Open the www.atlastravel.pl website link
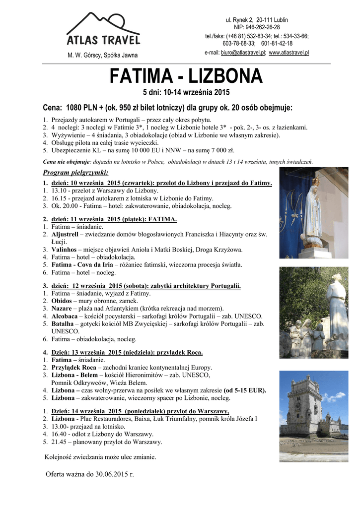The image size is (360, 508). (x=289, y=52)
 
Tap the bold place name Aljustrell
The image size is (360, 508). (x=67, y=234)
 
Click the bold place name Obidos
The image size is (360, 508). (x=62, y=301)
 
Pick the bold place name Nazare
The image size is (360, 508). (x=62, y=309)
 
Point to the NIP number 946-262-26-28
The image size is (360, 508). (x=263, y=27)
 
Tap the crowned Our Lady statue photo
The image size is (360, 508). (x=313, y=213)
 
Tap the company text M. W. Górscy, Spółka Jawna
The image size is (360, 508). (x=103, y=55)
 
